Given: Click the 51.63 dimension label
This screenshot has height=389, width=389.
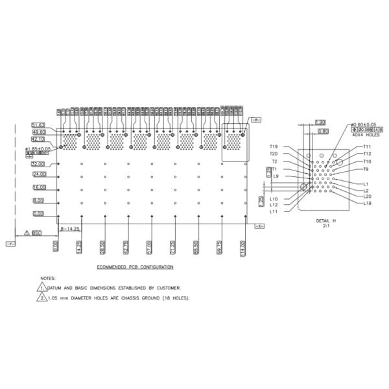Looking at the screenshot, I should [x=38, y=124].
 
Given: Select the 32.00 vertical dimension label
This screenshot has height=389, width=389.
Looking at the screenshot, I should [x=39, y=164].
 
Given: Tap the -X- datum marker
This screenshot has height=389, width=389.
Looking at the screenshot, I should [x=257, y=226].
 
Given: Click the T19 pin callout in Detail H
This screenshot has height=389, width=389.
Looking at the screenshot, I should [x=274, y=147].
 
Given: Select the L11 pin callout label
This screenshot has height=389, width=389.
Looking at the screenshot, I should [x=274, y=211].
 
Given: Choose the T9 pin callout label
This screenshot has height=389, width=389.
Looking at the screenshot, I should [x=366, y=169].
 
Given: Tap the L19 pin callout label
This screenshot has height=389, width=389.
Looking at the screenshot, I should [x=368, y=203].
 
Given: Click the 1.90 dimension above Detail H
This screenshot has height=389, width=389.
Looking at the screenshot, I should [x=320, y=122].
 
